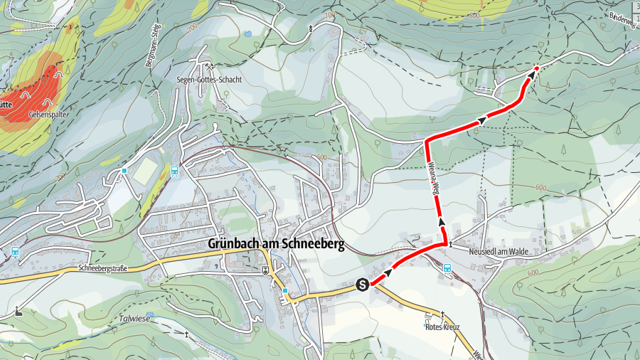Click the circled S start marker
[363, 285]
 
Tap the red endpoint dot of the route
[536, 68]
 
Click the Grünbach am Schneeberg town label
[276, 244]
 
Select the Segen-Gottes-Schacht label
[209, 80]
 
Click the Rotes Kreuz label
[442, 327]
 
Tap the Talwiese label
[132, 320]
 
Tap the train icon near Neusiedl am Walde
[447, 268]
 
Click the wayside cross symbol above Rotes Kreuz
[442, 314]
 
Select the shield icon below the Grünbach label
[265, 270]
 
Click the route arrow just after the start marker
[388, 272]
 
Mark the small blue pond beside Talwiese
[149, 314]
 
